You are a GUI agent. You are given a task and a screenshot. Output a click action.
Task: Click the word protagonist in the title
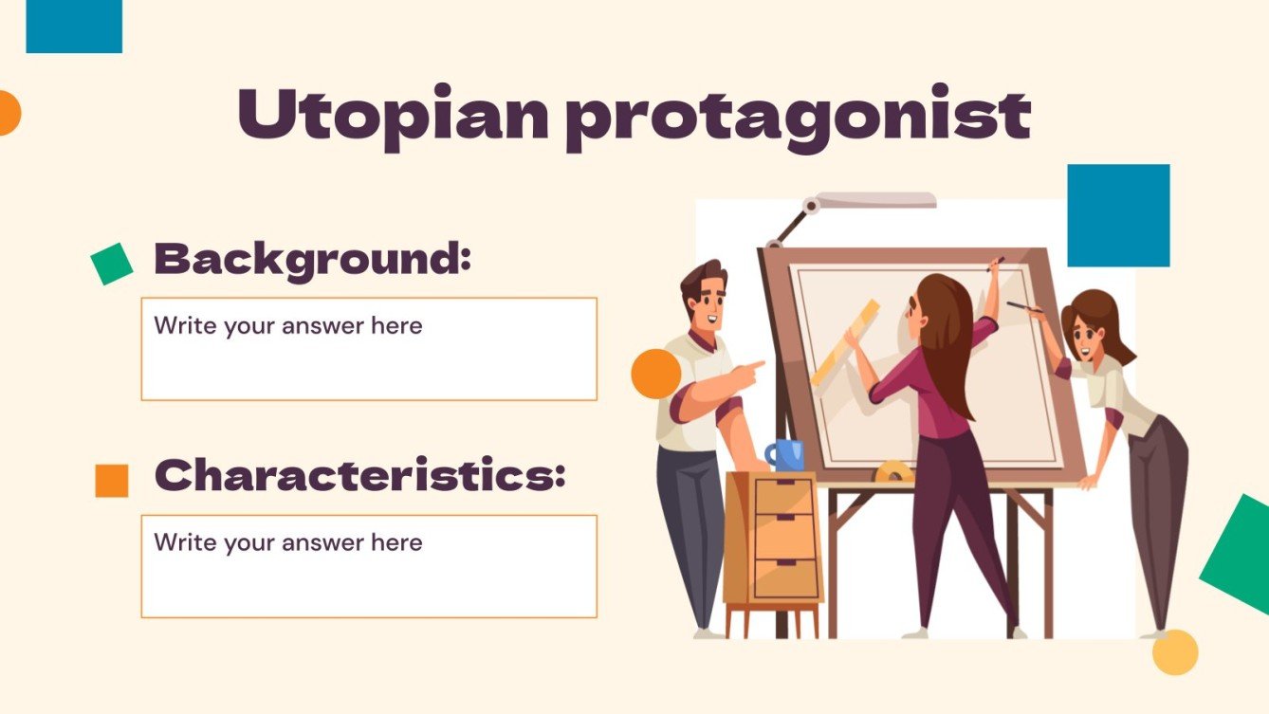point(799,119)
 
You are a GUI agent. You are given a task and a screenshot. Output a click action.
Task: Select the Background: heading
point(312,258)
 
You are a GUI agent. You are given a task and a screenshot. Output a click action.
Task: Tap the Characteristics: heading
point(359,475)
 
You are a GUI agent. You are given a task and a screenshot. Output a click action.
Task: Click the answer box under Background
point(369,349)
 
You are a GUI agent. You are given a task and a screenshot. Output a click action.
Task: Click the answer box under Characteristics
point(369,566)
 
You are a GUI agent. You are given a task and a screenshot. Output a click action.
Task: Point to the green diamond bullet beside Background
point(112,264)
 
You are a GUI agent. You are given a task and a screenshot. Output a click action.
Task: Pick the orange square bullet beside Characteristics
point(112,481)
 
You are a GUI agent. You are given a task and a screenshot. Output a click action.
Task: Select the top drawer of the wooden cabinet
point(783,496)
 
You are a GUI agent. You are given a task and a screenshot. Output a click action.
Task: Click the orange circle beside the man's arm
point(655,373)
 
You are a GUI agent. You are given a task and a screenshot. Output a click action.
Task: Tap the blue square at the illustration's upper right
point(1118,216)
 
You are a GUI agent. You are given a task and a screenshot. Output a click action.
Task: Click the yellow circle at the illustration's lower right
point(1175,652)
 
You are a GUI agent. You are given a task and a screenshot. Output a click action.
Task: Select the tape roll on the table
point(893,471)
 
